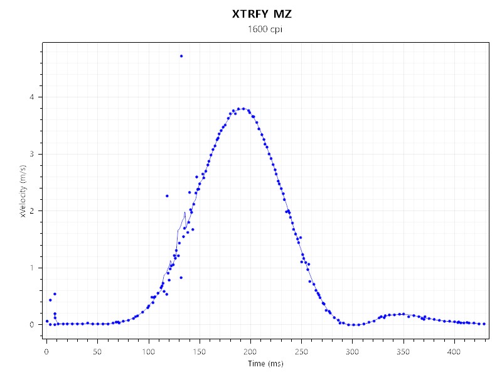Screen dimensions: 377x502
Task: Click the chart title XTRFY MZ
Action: (x=262, y=13)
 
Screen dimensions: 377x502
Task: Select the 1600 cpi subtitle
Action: (x=262, y=30)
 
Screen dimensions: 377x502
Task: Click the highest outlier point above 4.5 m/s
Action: (x=181, y=56)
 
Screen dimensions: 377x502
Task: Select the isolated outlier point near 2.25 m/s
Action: (x=167, y=196)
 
